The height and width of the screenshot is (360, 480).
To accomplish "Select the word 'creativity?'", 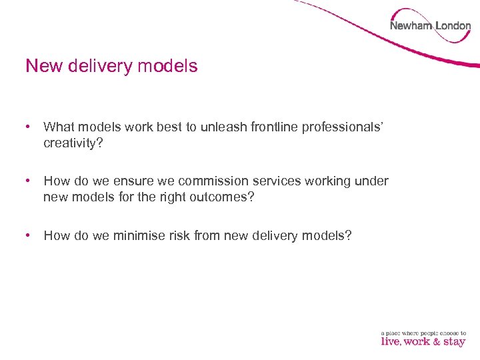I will tap(73, 143).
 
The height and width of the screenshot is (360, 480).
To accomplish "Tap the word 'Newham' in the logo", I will tap(411, 26).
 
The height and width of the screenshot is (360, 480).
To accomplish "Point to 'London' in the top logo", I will tap(453, 26).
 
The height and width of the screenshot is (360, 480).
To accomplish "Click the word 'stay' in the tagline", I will tap(454, 341).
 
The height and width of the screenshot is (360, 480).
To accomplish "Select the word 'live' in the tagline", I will tap(390, 341).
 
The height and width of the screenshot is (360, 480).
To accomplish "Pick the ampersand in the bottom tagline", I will tap(436, 341).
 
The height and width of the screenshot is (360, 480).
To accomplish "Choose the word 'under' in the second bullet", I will tap(373, 181).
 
